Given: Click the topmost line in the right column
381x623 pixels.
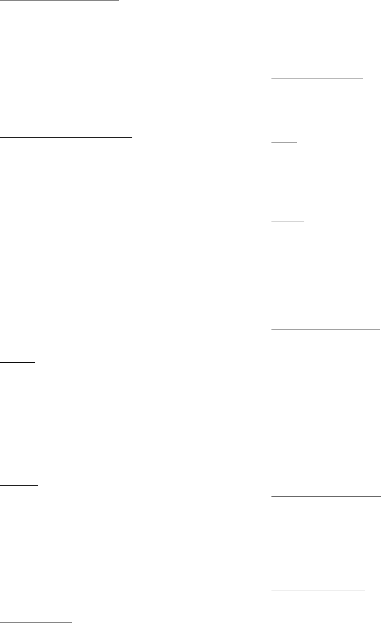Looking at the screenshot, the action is (x=317, y=78).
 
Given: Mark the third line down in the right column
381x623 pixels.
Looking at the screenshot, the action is (x=288, y=222).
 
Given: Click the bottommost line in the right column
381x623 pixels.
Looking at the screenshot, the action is (x=318, y=589).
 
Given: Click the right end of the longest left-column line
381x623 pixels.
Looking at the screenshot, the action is (x=133, y=138).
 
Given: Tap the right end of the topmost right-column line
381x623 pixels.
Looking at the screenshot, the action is (x=363, y=78).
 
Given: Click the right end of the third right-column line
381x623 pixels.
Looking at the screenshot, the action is (x=304, y=222).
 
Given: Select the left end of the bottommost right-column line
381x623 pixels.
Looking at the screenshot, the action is (x=271, y=589).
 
